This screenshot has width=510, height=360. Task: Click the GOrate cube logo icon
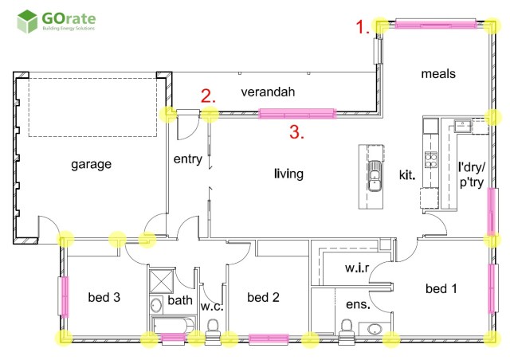[x=27, y=22]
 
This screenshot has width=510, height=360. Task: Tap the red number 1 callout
[x=363, y=26]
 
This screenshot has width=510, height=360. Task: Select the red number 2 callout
[x=208, y=96]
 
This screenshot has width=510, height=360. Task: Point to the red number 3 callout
[x=296, y=132]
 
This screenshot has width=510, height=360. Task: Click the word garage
[x=91, y=164]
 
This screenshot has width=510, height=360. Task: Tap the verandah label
[x=268, y=92]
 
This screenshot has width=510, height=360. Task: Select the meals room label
[x=438, y=74]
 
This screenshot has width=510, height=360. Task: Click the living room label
[x=288, y=174]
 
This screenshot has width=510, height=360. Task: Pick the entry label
[x=188, y=159]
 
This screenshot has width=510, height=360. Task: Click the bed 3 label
[x=104, y=297]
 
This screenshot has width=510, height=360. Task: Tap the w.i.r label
[x=357, y=268]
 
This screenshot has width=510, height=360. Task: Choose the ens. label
[x=358, y=304]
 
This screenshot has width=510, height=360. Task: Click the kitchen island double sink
[x=375, y=175]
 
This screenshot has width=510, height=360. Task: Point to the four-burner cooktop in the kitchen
[x=430, y=160]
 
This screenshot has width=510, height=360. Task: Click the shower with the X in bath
[x=161, y=280]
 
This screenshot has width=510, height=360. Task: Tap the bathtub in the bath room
[x=174, y=326]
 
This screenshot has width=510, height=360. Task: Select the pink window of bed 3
[x=65, y=296]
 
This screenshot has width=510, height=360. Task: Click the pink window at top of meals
[x=436, y=24]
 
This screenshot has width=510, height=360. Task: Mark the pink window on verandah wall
[x=297, y=114]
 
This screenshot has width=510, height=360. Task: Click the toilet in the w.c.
[x=213, y=328]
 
